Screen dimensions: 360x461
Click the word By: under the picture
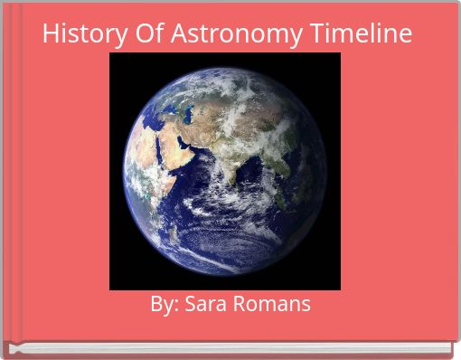tap(165, 305)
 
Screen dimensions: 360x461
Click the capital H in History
tap(50, 34)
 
